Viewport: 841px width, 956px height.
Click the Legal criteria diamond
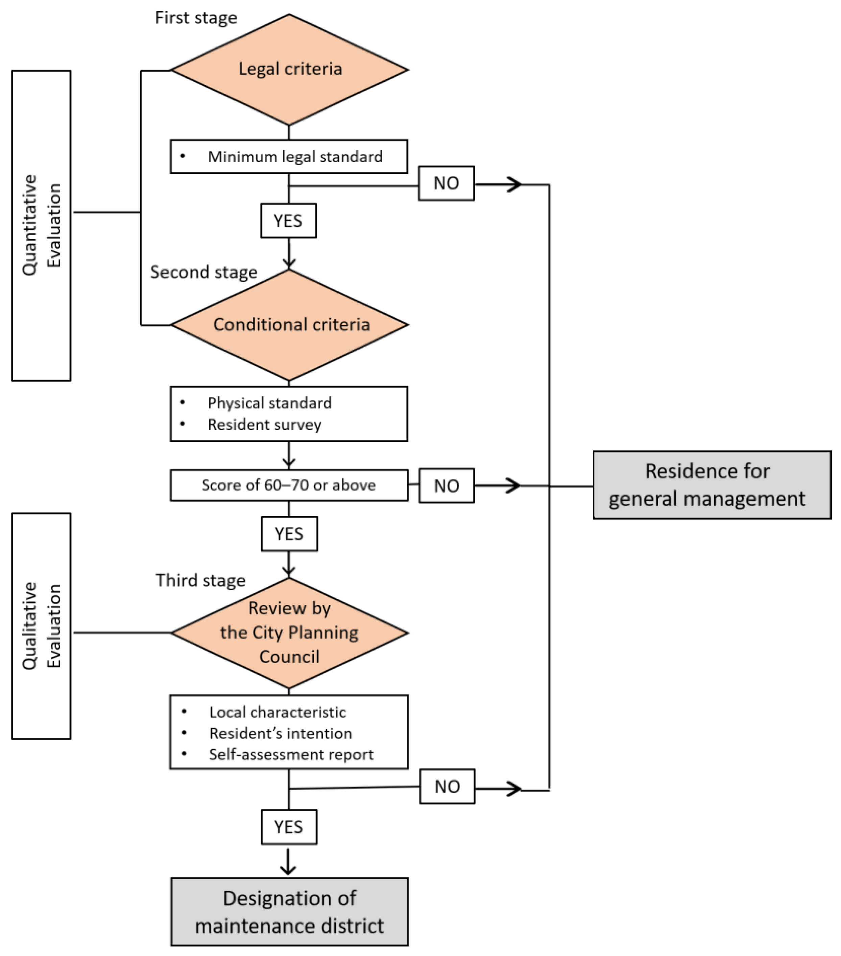coord(289,69)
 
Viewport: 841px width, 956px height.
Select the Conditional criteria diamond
coord(289,325)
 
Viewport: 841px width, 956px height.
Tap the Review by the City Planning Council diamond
coord(289,632)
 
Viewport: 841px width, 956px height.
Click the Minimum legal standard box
coord(289,156)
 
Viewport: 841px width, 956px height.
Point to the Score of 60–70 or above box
coord(289,485)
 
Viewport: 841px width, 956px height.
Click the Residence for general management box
coord(711,484)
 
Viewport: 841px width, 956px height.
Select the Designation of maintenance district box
coord(289,911)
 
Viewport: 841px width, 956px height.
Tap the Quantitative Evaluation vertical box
coord(41,225)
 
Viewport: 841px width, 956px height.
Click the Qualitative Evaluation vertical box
coord(41,626)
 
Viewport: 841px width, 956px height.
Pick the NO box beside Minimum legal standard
coord(446,183)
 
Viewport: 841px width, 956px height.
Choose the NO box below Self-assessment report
coord(447,786)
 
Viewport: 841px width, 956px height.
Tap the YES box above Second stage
coord(288,220)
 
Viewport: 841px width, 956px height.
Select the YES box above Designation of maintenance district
coord(289,827)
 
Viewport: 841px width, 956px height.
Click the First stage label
coord(196,18)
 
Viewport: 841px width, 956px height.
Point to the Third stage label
coord(200,580)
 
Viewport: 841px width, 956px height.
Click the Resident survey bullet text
coord(264,424)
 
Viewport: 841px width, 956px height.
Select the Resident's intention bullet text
coord(280,733)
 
